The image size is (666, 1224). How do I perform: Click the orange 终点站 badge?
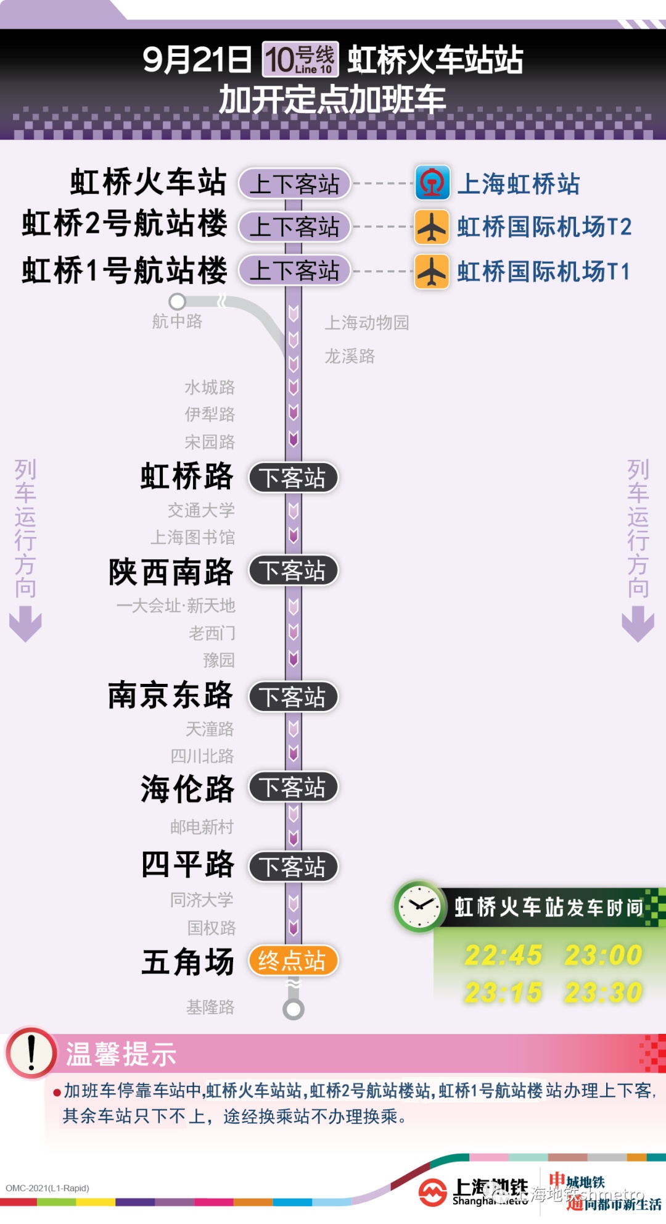tap(293, 960)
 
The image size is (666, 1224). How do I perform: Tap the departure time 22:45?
tap(503, 955)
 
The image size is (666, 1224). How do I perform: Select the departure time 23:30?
tap(603, 993)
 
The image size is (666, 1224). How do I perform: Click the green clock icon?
tap(419, 906)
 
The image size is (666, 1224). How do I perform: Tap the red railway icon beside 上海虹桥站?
tap(432, 183)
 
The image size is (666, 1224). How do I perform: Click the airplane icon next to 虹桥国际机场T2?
tap(432, 227)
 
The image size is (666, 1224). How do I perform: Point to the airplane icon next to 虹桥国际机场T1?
tap(432, 272)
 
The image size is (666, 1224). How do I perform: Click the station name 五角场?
tap(187, 962)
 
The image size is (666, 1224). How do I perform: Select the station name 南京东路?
tap(170, 696)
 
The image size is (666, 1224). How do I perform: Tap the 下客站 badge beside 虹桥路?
tap(293, 478)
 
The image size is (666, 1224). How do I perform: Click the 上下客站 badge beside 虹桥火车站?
tap(294, 184)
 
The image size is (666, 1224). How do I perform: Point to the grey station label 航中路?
tap(177, 321)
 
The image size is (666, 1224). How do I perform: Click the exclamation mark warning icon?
tap(31, 1052)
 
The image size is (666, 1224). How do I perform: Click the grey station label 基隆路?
tap(210, 1007)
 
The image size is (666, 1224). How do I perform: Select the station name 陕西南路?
tap(171, 572)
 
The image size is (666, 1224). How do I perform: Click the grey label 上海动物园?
tap(367, 322)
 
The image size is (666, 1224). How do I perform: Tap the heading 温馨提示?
tap(121, 1054)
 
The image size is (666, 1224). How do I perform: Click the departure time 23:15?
tap(503, 993)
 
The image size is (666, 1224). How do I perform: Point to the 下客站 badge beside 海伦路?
tap(293, 787)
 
